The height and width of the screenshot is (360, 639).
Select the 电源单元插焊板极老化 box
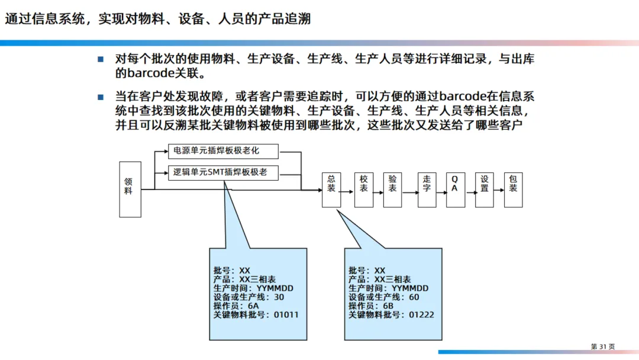[222, 152]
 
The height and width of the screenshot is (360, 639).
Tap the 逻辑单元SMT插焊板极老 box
[222, 173]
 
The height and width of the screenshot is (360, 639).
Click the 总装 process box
[331, 190]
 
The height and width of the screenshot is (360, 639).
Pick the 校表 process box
[364, 190]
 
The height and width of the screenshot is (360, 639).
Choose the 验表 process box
[392, 190]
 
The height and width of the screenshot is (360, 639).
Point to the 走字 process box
[427, 190]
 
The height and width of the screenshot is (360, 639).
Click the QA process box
[455, 190]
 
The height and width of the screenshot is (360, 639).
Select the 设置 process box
[484, 190]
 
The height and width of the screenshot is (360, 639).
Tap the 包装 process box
[513, 190]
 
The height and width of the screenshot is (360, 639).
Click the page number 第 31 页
[603, 346]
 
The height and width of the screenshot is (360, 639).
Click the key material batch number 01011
[286, 314]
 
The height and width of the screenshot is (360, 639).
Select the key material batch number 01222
[421, 314]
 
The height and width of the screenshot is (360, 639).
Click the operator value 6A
[253, 306]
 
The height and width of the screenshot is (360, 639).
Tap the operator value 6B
[388, 306]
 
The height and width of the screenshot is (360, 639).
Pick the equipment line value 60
[414, 297]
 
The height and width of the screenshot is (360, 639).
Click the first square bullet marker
[101, 59]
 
